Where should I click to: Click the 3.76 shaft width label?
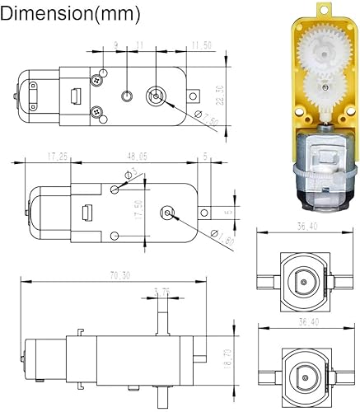[x=161, y=291]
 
